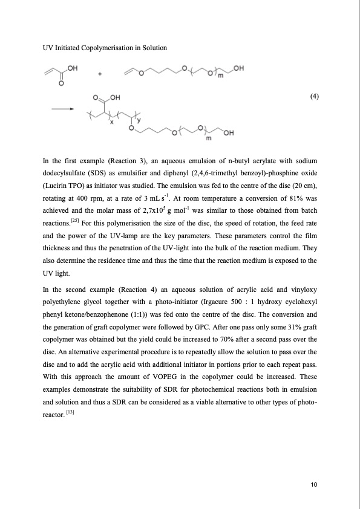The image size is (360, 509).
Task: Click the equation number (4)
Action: click(313, 97)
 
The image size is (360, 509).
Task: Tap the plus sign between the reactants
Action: click(100, 75)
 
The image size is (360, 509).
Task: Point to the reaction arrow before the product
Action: click(62, 109)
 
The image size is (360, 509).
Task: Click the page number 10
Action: click(313, 484)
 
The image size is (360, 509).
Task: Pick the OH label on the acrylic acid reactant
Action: click(73, 68)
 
